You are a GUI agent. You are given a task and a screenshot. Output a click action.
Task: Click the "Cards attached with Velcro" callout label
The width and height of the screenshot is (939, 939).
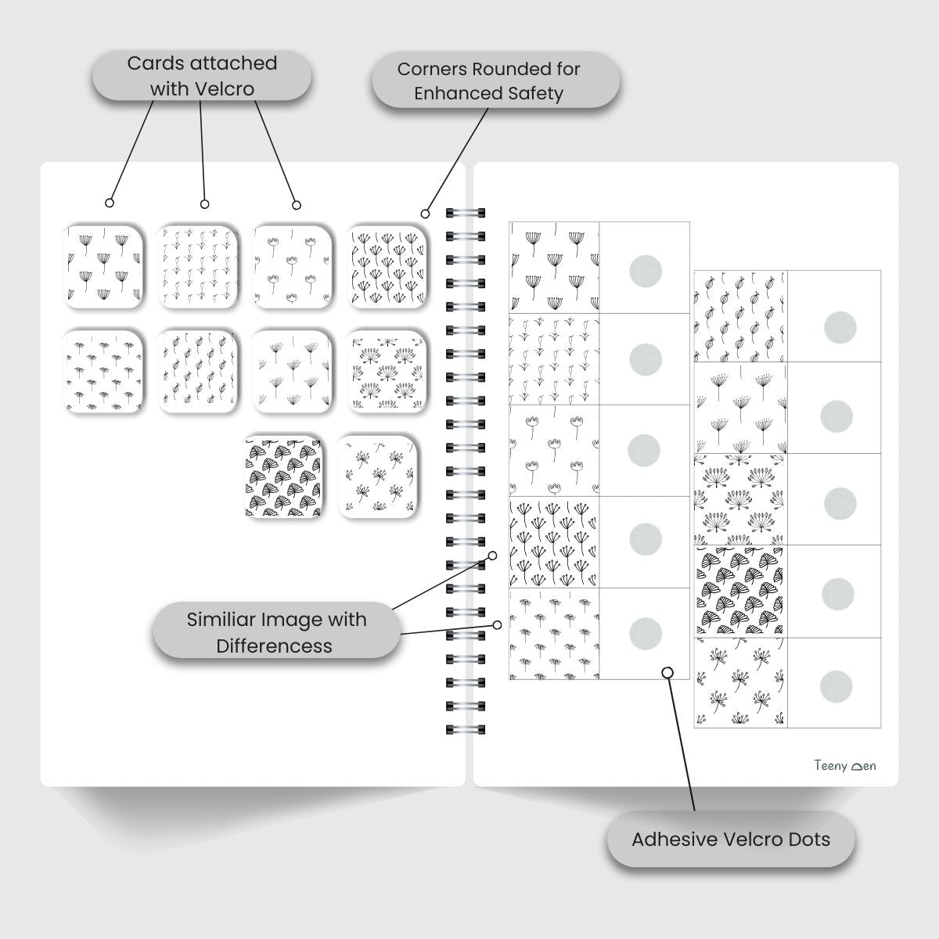click(202, 76)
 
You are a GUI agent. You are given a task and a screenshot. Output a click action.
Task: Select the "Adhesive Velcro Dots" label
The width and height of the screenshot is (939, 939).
click(731, 840)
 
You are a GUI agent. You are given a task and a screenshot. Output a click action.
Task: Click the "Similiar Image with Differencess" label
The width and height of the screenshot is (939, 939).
click(275, 632)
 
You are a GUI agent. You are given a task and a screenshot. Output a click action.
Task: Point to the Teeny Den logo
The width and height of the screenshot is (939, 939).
click(844, 765)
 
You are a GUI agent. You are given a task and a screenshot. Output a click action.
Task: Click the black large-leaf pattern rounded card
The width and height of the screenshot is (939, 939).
click(284, 477)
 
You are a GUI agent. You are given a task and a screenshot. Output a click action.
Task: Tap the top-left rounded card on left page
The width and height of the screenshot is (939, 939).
click(105, 266)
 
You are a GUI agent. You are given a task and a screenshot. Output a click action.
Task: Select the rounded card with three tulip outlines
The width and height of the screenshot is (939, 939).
click(292, 266)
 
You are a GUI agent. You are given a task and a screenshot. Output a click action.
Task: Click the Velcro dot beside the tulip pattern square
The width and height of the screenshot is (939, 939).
click(645, 450)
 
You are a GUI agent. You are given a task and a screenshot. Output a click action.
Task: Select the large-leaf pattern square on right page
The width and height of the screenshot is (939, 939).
click(740, 592)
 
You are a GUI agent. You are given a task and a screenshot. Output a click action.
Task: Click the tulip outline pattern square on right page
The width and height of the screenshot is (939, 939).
click(554, 450)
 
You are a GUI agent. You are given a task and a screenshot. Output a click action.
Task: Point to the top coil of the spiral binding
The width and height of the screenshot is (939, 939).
click(466, 212)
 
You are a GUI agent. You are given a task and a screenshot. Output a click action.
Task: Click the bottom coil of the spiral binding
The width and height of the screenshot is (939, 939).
click(466, 730)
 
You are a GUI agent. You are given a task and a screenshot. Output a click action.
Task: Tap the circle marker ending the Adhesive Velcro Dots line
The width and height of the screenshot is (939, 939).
click(667, 672)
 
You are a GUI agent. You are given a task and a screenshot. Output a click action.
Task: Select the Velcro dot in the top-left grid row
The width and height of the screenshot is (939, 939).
click(645, 271)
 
